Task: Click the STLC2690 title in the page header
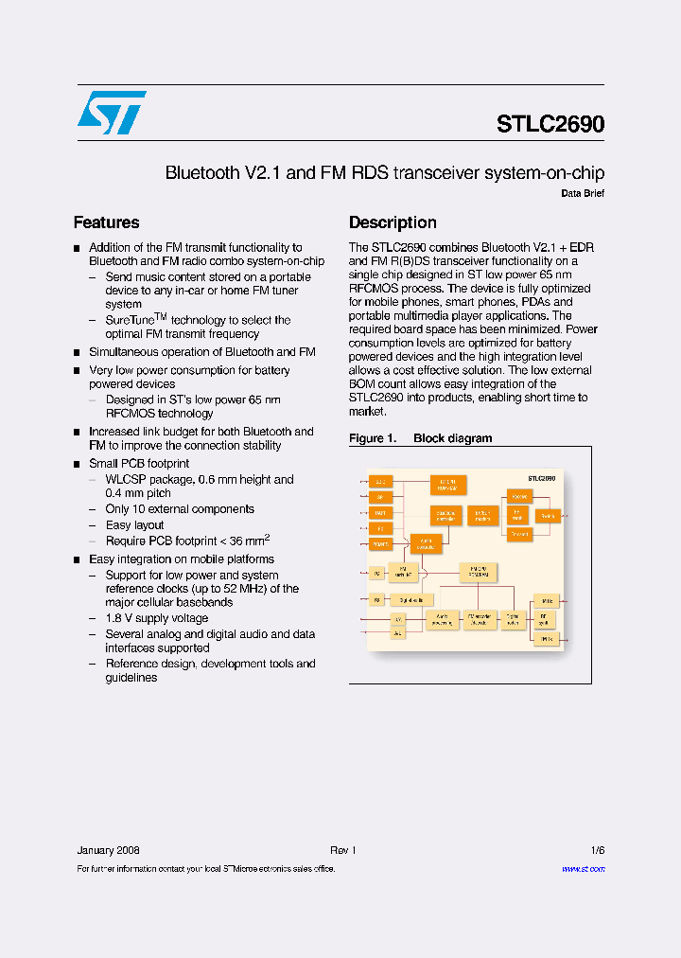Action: pyautogui.click(x=550, y=124)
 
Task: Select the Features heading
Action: pyautogui.click(x=106, y=222)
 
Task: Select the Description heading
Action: pyautogui.click(x=393, y=222)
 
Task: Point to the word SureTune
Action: pyautogui.click(x=130, y=320)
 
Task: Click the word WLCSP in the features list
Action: pyautogui.click(x=127, y=480)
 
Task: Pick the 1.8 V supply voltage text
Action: pyautogui.click(x=157, y=618)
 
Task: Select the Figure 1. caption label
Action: pyautogui.click(x=371, y=438)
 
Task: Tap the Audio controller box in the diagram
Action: pyautogui.click(x=428, y=543)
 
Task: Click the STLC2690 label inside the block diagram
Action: pyautogui.click(x=541, y=479)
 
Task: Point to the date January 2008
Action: pyautogui.click(x=108, y=850)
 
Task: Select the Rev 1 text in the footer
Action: pyautogui.click(x=342, y=850)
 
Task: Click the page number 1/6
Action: pyautogui.click(x=597, y=850)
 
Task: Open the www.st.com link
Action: pyautogui.click(x=583, y=869)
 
